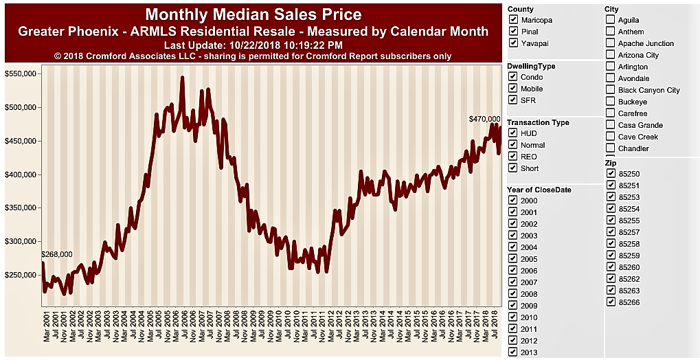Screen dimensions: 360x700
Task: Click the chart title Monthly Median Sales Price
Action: [x=253, y=14]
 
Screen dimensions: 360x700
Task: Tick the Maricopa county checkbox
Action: [x=513, y=20]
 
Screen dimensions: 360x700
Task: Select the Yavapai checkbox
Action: [x=513, y=43]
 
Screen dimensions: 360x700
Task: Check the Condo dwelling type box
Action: [x=513, y=77]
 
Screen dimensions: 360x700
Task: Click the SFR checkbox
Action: [x=513, y=100]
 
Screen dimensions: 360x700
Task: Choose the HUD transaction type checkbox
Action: [x=513, y=133]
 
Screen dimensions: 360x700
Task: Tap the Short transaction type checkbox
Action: [x=513, y=168]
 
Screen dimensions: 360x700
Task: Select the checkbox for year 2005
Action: [x=513, y=259]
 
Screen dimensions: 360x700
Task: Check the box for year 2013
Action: [x=513, y=352]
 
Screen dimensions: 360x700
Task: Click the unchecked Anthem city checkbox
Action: [x=611, y=32]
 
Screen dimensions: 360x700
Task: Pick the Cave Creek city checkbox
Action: [x=611, y=137]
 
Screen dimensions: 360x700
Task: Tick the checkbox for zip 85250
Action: [x=611, y=175]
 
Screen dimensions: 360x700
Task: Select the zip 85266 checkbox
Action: [x=611, y=302]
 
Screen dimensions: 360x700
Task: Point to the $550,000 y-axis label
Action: [x=21, y=74]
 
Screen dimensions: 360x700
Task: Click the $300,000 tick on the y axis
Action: [x=21, y=242]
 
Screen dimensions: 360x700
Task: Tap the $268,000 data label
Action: [x=57, y=254]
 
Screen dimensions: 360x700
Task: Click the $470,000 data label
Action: [x=485, y=119]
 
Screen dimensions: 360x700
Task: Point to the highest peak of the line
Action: [x=182, y=78]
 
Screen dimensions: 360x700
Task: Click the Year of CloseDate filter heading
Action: [x=539, y=190]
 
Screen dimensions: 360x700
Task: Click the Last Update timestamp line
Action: [x=253, y=45]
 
